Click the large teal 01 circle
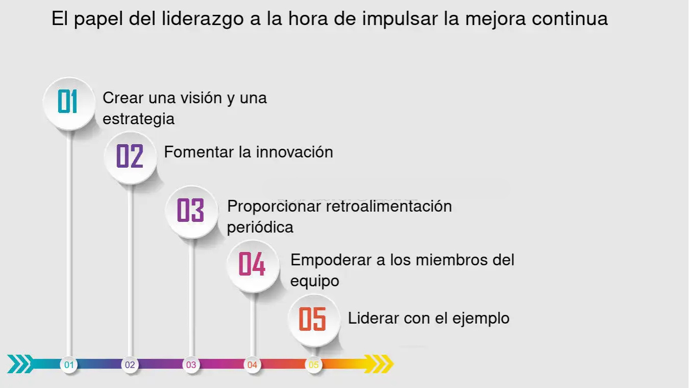coord(69,104)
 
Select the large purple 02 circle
coord(131,158)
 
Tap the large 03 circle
coord(191,212)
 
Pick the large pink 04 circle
coord(253,266)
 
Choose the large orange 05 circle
coord(314,320)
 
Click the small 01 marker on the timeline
coord(69,365)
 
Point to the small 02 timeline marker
coord(130,365)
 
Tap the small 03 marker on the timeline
coord(191,365)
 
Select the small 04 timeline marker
coord(252,365)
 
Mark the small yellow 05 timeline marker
coord(313,365)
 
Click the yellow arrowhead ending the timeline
coord(379,364)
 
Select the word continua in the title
coord(570,18)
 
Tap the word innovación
coord(294,152)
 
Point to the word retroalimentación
coord(389,206)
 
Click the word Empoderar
coord(331,260)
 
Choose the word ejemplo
coord(481,319)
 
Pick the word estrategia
coord(138,120)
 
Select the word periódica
coord(260,228)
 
